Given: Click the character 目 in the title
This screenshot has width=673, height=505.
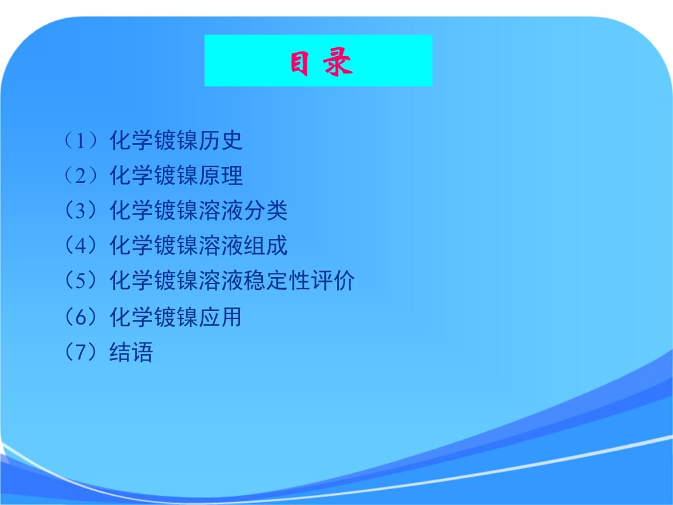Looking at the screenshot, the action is pyautogui.click(x=299, y=63).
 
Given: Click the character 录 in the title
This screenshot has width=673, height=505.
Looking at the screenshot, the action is pyautogui.click(x=338, y=63).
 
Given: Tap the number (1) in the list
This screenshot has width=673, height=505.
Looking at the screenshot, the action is pyautogui.click(x=80, y=140).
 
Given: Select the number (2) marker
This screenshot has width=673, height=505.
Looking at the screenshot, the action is pyautogui.click(x=80, y=175).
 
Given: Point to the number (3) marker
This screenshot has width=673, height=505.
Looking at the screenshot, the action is pyautogui.click(x=80, y=210).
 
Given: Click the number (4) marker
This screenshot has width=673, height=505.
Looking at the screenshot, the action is pyautogui.click(x=80, y=245).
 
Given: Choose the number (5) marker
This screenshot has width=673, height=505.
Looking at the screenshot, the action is pyautogui.click(x=80, y=281).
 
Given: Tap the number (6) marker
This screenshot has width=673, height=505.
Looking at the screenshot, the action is pyautogui.click(x=80, y=317).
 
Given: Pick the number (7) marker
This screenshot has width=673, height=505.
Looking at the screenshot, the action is pyautogui.click(x=80, y=352).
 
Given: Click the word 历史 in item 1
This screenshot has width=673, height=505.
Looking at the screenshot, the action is pyautogui.click(x=221, y=140).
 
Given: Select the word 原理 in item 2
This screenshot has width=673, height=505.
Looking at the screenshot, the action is pyautogui.click(x=221, y=175).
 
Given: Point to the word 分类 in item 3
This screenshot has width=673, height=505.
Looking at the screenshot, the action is pyautogui.click(x=265, y=210).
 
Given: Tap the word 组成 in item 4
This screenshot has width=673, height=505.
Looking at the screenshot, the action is pyautogui.click(x=265, y=245).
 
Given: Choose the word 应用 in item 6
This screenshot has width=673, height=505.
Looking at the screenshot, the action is pyautogui.click(x=221, y=317).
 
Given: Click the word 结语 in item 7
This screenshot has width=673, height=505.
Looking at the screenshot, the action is pyautogui.click(x=131, y=352).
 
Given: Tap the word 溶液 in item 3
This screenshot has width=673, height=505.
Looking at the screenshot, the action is pyautogui.click(x=221, y=210).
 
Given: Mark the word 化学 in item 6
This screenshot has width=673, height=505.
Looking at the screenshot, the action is pyautogui.click(x=131, y=317).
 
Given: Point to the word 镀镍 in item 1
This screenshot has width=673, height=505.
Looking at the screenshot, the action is pyautogui.click(x=176, y=140).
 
